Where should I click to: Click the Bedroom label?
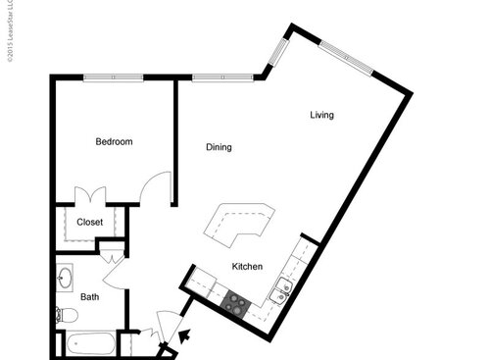point(114,142)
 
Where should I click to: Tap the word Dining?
point(220,148)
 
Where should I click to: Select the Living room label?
point(321,116)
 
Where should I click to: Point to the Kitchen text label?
point(246,267)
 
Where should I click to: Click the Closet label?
point(90,223)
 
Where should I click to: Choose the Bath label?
point(89,296)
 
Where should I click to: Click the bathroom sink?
point(66,276)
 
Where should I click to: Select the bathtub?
point(89,344)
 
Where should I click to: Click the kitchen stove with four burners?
point(234,302)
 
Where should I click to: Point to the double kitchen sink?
point(281,289)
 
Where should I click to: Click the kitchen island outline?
point(236,226)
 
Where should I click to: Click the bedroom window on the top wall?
point(113,77)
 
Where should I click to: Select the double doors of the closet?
point(90,194)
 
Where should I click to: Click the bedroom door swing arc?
point(154,186)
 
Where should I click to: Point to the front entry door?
point(167,323)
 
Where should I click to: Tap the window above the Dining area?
point(221,77)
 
